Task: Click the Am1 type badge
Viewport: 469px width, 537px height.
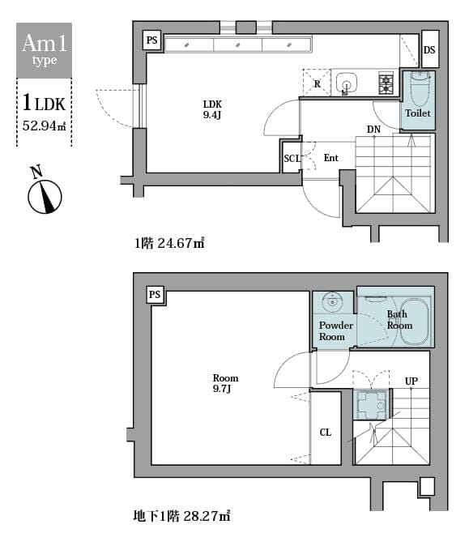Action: pos(45,49)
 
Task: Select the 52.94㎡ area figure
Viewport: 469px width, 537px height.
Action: pos(45,125)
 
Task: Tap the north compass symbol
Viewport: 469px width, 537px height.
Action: pos(45,195)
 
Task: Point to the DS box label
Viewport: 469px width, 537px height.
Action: pos(429,50)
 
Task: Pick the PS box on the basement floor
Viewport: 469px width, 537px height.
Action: pos(155,295)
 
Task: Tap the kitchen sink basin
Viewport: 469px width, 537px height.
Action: pos(347,83)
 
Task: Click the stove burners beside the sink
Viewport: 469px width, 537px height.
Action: pos(386,81)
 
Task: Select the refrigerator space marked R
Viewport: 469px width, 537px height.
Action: pos(317,83)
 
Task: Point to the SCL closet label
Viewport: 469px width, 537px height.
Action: pos(291,159)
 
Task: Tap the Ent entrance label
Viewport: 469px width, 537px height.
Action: pos(330,158)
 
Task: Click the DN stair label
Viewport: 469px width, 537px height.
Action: pos(373,130)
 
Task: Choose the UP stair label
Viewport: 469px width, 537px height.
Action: pos(411,381)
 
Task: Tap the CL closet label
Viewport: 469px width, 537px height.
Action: pos(325,433)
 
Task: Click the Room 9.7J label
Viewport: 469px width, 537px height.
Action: pos(225,383)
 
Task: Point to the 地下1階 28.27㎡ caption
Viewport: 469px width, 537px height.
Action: pos(181,515)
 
